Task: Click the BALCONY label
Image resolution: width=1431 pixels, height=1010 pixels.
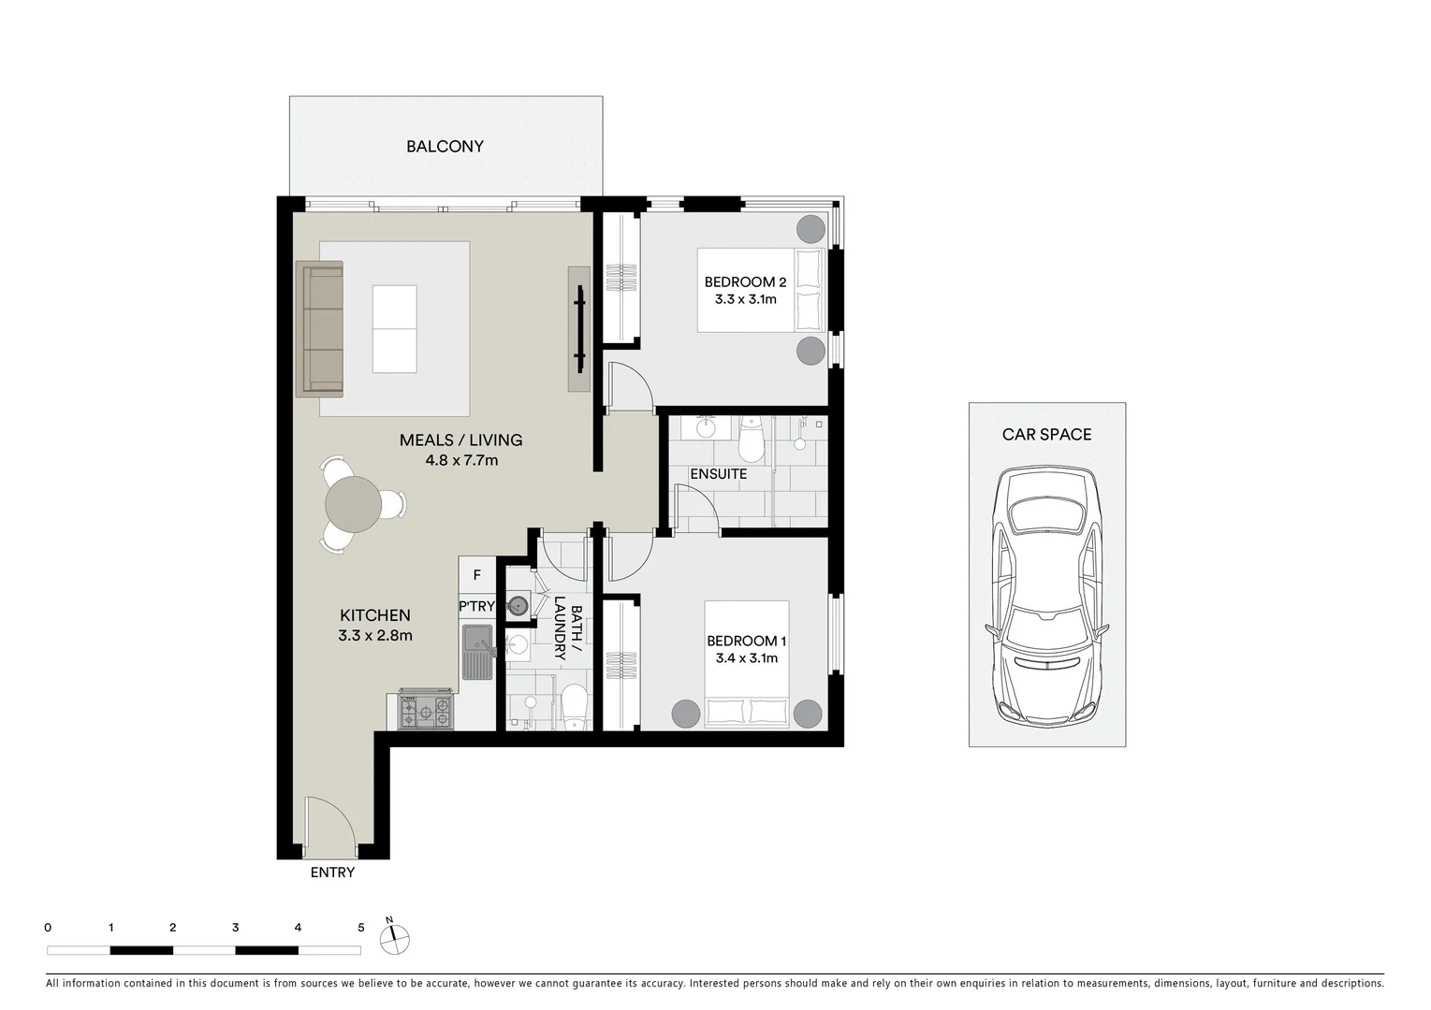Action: click(445, 147)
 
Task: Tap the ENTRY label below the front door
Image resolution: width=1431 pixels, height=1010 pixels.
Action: click(332, 873)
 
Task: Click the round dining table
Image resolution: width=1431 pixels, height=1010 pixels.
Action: click(353, 504)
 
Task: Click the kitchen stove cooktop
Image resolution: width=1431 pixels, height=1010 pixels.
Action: click(426, 711)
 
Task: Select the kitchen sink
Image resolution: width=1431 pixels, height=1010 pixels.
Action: click(478, 651)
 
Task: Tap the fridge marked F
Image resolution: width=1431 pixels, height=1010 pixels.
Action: click(476, 575)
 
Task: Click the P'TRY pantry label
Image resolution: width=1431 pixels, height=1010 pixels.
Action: click(476, 606)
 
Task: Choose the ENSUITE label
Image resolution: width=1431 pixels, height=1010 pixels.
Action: click(718, 474)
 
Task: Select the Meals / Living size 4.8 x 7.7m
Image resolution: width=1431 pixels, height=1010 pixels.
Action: click(460, 460)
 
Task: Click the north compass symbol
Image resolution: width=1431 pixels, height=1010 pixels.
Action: click(395, 936)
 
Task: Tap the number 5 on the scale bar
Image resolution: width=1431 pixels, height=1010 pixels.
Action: click(360, 928)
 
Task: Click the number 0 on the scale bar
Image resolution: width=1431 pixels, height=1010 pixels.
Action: click(48, 928)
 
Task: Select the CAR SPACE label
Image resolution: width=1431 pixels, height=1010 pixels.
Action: click(1046, 435)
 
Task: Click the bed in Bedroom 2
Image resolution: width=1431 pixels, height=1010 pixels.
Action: click(760, 290)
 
